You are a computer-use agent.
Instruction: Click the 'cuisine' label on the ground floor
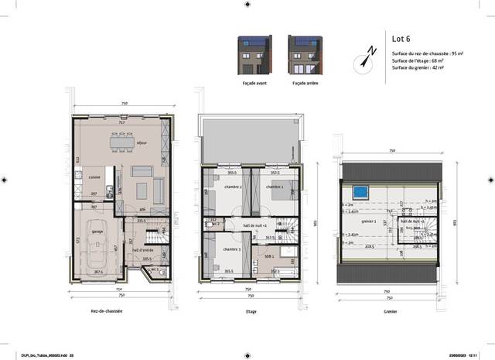point(94,177)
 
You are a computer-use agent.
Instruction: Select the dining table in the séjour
point(122,144)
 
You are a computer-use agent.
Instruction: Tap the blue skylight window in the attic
point(359,191)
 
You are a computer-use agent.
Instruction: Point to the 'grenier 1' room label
point(369,221)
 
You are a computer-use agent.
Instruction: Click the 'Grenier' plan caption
point(390,311)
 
